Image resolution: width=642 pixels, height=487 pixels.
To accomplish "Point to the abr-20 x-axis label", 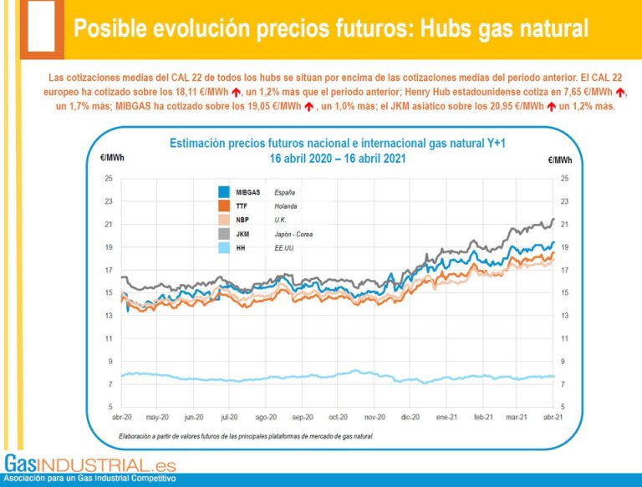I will click(x=122, y=416).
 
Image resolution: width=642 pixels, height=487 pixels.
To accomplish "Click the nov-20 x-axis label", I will click(x=374, y=416).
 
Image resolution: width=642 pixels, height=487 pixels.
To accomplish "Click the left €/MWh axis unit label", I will click(x=112, y=157).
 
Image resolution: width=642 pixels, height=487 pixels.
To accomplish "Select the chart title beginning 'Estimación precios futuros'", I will click(x=333, y=144).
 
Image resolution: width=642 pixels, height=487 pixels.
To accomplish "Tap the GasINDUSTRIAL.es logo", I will click(x=89, y=469).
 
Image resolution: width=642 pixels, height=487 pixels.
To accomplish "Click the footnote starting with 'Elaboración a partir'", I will click(x=235, y=436).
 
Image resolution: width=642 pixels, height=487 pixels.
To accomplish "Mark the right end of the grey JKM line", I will click(x=553, y=219).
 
